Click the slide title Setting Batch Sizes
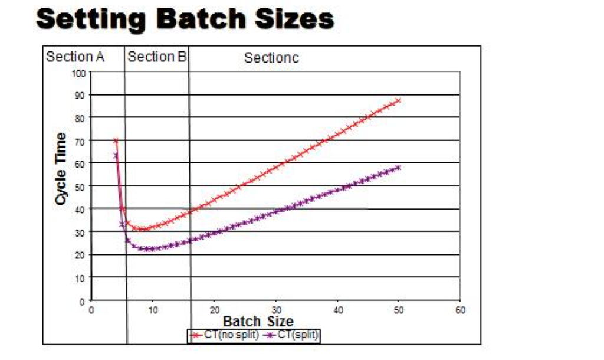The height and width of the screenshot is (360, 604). coord(185,19)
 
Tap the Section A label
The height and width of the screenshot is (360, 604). coord(75,57)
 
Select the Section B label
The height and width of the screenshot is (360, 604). coord(157,57)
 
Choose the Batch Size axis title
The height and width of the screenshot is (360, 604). coord(258,322)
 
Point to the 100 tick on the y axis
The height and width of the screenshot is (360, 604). coord(80,73)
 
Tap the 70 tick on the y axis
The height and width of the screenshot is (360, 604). coord(81,141)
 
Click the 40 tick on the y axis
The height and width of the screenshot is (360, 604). coord(81,210)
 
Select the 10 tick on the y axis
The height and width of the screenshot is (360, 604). coord(81,278)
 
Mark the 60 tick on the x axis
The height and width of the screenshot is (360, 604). coord(460,310)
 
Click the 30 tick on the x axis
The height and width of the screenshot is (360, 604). coord(275,310)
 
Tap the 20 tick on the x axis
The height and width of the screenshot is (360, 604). coord(214,310)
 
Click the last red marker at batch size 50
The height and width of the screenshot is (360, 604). coord(399,101)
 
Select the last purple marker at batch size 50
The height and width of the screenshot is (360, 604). coord(399,168)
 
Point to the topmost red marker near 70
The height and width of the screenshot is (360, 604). coord(116,140)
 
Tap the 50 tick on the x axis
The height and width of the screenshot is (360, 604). coord(399,310)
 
